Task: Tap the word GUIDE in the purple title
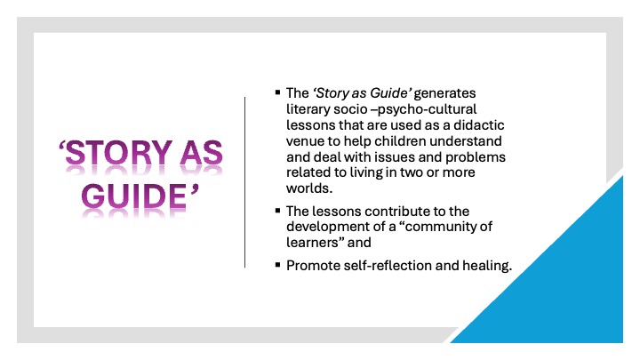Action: pyautogui.click(x=133, y=196)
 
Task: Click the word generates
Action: pyautogui.click(x=444, y=94)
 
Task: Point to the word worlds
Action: pyautogui.click(x=309, y=188)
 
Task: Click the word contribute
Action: pyautogui.click(x=398, y=211)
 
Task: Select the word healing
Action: pyautogui.click(x=487, y=266)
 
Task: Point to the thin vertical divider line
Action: pyautogui.click(x=245, y=182)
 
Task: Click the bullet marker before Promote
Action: pyautogui.click(x=278, y=265)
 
